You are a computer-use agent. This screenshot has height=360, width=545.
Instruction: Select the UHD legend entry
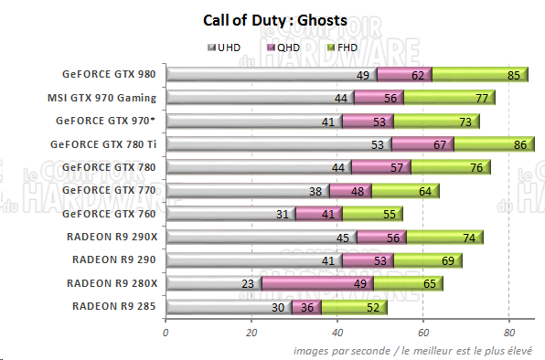(228, 48)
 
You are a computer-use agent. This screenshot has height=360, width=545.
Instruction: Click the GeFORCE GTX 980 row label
(109, 75)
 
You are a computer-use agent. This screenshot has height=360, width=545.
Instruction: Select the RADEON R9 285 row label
(113, 306)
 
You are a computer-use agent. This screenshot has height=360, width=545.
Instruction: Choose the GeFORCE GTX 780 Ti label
(105, 143)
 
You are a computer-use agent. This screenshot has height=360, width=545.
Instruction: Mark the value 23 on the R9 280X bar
(247, 283)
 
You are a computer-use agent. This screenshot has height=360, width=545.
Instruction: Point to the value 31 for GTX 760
(282, 214)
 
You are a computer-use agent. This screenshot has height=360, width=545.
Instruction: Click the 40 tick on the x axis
(337, 334)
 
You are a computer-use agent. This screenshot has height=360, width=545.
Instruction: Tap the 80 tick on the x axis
(509, 334)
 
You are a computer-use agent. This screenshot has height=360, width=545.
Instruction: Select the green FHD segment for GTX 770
(404, 191)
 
